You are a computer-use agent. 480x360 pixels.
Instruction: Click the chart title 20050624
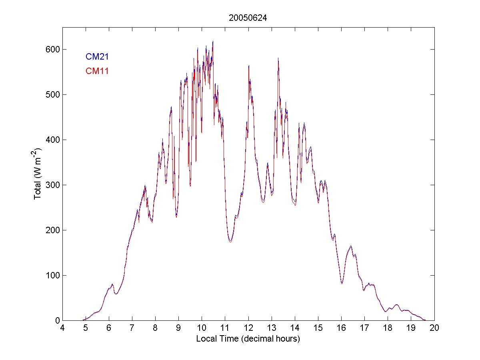248,18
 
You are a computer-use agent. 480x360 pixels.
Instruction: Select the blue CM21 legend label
97,57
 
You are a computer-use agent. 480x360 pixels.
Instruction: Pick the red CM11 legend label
97,71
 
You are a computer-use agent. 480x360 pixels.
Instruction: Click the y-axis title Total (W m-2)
38,174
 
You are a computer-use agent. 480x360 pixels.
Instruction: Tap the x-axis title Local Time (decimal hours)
248,339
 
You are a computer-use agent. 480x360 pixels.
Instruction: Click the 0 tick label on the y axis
56,320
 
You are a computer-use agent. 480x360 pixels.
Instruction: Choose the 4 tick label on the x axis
62,328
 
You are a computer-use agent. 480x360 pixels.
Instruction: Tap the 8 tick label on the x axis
155,328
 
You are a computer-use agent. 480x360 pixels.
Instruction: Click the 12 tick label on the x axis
248,328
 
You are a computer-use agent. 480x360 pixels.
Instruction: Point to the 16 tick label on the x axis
341,328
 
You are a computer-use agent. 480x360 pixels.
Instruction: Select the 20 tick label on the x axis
434,328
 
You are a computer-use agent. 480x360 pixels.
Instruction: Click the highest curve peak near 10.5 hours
213,41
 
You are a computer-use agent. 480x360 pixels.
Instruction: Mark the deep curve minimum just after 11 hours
230,242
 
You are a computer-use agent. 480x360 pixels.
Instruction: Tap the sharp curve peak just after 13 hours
278,58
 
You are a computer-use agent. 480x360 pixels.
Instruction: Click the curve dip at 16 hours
342,283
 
